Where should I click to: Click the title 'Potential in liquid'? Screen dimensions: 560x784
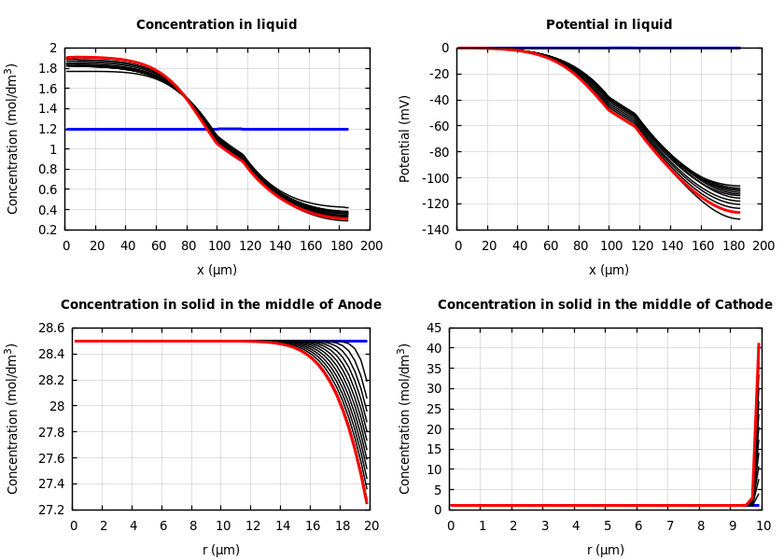tap(609, 25)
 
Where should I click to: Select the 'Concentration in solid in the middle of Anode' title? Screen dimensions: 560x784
tap(221, 305)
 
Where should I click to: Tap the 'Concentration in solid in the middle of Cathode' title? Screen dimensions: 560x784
tap(605, 305)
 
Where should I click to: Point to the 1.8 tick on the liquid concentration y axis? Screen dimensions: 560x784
tap(52, 68)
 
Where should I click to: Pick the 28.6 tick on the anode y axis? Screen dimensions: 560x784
tap(49, 329)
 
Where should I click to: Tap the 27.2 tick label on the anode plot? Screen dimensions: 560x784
tap(49, 510)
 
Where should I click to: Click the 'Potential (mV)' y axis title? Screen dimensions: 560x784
tap(405, 138)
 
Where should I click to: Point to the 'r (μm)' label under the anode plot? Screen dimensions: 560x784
tap(221, 550)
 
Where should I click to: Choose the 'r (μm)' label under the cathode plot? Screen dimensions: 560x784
tap(606, 550)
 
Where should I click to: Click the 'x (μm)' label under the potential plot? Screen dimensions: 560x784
tap(609, 270)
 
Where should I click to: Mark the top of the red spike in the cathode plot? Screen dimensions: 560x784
tap(759, 344)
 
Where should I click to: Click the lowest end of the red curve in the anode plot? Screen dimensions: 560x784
tap(366, 503)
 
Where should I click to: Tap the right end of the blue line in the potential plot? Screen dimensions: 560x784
tap(739, 48)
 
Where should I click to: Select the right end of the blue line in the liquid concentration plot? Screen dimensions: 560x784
tap(347, 129)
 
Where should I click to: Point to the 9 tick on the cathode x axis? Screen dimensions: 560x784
tap(732, 525)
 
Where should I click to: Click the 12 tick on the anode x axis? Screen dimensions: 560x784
tap(252, 525)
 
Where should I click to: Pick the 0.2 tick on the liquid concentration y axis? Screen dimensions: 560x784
tap(52, 230)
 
